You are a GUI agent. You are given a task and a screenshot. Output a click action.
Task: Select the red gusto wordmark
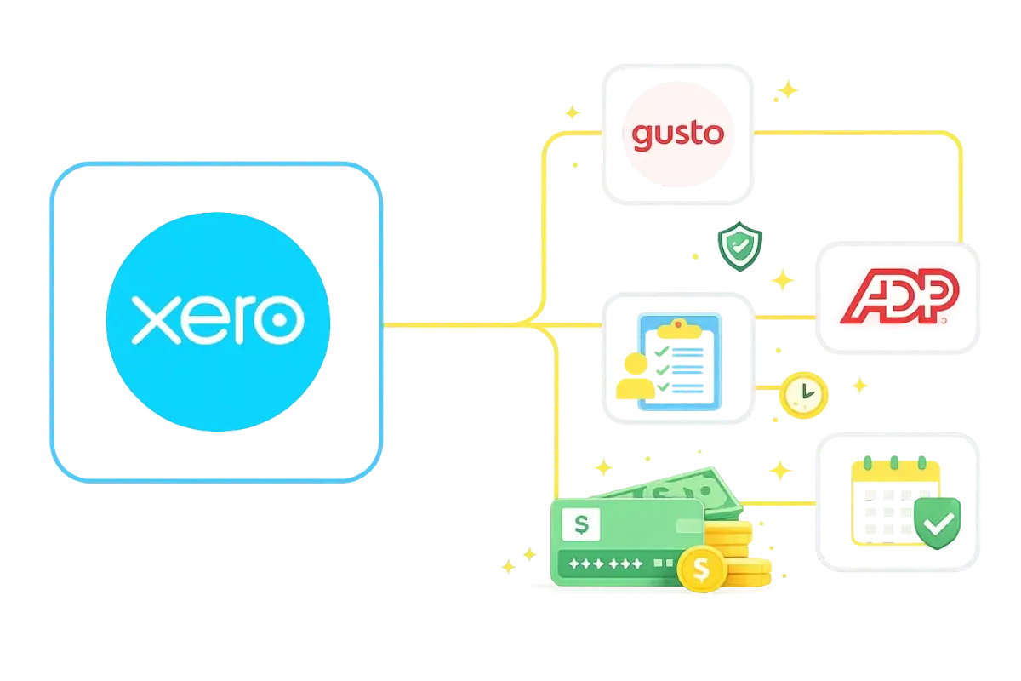click(x=677, y=134)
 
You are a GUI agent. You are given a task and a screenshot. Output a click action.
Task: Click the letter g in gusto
click(x=642, y=136)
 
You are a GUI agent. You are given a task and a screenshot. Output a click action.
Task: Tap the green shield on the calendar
click(x=937, y=521)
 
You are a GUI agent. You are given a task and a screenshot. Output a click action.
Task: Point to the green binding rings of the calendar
click(x=900, y=464)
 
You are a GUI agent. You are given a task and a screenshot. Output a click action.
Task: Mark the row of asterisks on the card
click(x=606, y=564)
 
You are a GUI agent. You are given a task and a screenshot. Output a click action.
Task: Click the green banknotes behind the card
click(x=672, y=491)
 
